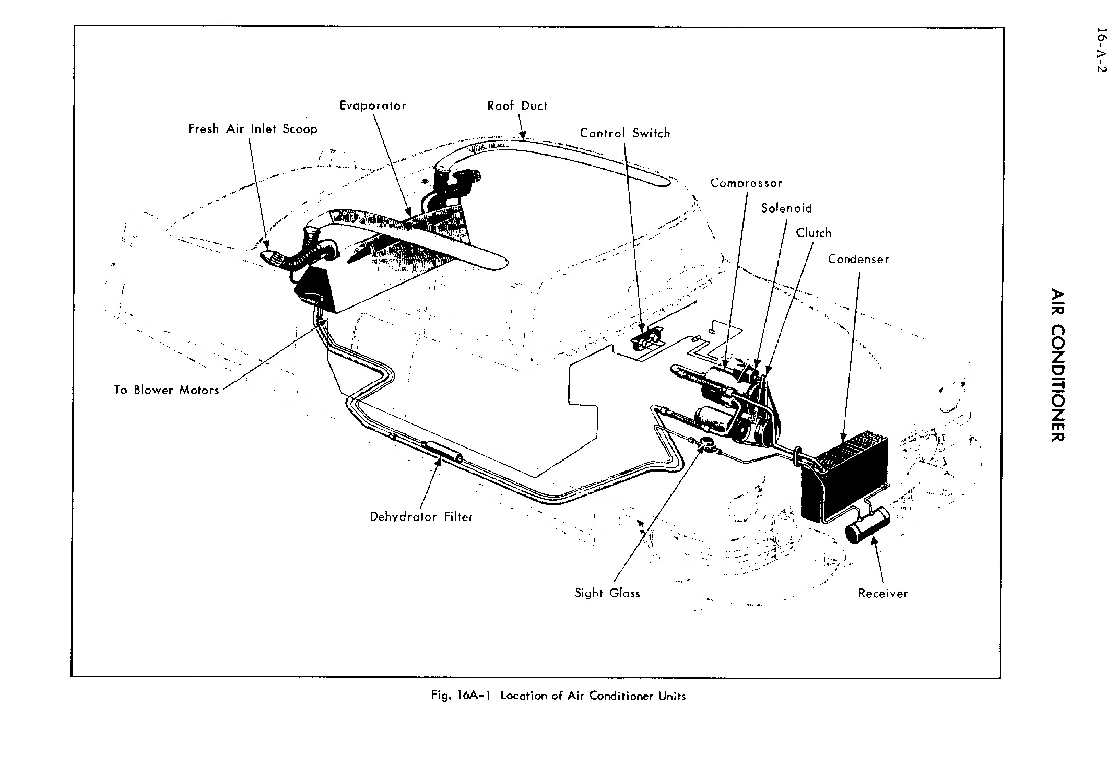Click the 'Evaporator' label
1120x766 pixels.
(372, 106)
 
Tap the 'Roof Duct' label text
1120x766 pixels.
(517, 106)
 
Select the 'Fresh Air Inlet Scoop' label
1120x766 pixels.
(253, 129)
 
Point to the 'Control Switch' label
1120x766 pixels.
(624, 134)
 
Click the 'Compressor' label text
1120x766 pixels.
(746, 183)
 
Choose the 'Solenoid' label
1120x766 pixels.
(786, 208)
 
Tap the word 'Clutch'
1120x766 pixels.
(814, 233)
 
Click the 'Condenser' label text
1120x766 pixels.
(858, 260)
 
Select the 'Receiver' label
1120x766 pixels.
(883, 594)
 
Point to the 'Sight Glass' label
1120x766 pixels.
(607, 593)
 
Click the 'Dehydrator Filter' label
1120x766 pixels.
(421, 517)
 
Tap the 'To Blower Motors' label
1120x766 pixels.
(166, 390)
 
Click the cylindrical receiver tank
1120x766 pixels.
(867, 526)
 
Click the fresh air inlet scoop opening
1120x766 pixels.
(269, 257)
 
